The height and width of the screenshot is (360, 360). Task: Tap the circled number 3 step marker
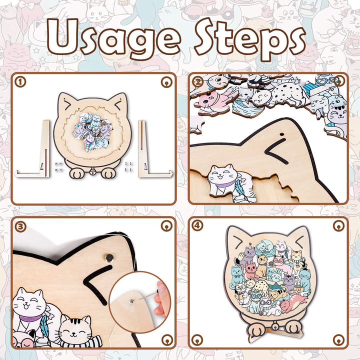[20, 226]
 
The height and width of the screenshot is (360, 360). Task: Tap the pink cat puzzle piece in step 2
[212, 99]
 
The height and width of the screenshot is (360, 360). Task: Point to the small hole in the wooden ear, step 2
[282, 134]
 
